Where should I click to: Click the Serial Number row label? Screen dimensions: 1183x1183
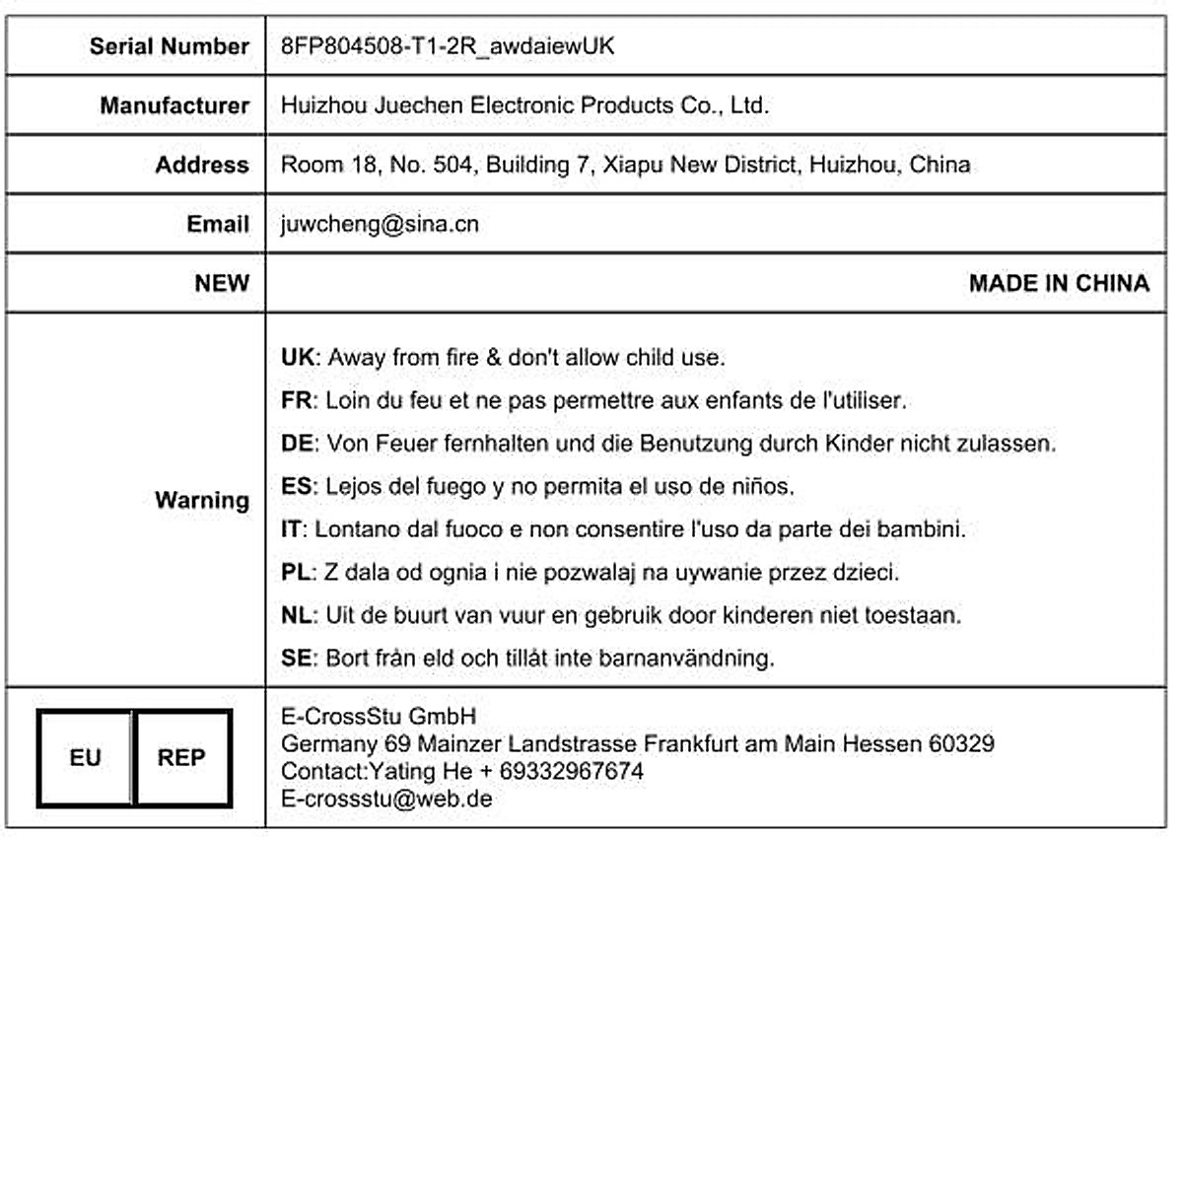click(x=169, y=46)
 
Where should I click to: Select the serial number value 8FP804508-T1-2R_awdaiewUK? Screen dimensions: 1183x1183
click(x=448, y=46)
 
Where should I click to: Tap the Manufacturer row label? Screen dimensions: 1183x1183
click(x=174, y=105)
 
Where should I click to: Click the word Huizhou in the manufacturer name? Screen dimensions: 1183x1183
click(x=323, y=105)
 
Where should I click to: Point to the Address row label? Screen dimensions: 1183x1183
click(x=201, y=165)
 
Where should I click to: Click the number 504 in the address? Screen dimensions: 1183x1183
click(x=452, y=165)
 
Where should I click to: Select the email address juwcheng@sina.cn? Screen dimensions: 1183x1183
click(x=380, y=224)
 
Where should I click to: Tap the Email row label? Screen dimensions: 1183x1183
click(x=217, y=224)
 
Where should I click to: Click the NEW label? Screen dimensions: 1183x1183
click(x=221, y=283)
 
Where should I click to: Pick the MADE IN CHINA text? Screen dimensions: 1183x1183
click(x=1059, y=283)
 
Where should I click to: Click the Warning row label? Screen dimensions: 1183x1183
click(x=201, y=500)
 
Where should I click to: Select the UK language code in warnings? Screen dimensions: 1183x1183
click(x=297, y=357)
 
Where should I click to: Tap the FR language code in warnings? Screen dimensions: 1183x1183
click(x=296, y=400)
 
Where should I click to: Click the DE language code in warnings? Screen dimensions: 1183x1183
click(x=297, y=444)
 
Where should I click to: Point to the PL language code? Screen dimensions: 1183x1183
click(x=296, y=572)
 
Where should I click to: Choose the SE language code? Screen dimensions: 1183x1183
click(x=296, y=658)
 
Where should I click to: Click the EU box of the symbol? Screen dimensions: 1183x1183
click(x=85, y=758)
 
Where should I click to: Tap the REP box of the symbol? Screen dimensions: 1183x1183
click(x=181, y=758)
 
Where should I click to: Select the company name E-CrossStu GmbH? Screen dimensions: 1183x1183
click(x=379, y=717)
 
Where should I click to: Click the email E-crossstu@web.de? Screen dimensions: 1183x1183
click(x=386, y=799)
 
